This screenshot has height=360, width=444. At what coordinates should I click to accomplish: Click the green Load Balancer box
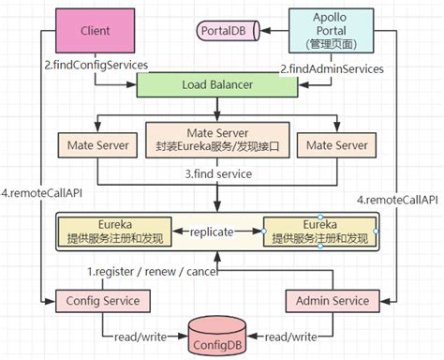[223, 85]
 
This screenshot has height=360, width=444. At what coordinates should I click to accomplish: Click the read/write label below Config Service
[143, 337]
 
